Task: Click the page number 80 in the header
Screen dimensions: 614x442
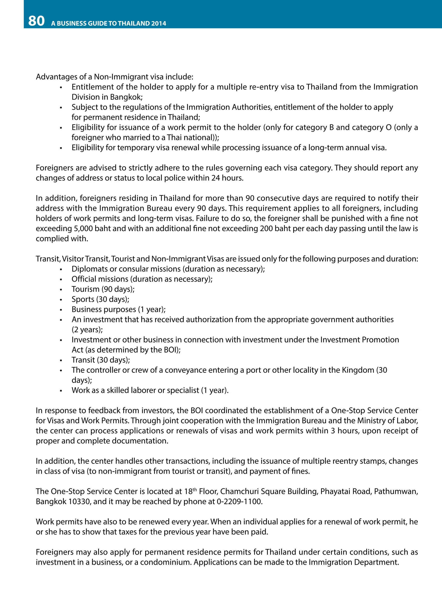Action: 36,21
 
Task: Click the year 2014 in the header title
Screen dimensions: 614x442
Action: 159,24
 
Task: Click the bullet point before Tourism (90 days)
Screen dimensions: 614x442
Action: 61,290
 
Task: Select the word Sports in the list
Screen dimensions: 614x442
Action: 83,299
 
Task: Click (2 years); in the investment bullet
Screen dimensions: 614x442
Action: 87,330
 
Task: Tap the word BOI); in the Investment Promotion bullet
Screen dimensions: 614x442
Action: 172,350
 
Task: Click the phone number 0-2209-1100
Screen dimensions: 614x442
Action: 239,502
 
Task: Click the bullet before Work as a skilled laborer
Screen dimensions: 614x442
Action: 61,391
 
